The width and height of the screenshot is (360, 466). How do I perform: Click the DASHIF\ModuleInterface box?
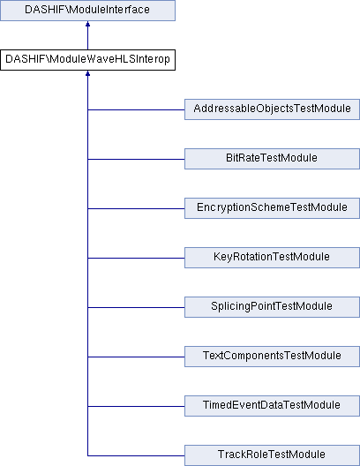(87, 11)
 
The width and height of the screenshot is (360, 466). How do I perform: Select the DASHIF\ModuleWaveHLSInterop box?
(87, 60)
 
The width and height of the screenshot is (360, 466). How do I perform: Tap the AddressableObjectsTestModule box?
(272, 109)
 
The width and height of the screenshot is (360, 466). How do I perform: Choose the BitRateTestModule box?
(272, 159)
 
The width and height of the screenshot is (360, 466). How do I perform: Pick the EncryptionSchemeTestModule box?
(272, 208)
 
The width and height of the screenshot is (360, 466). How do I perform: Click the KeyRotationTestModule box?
(272, 258)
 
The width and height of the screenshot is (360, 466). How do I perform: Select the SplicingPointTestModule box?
(272, 307)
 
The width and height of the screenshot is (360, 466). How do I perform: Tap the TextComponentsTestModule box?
(272, 357)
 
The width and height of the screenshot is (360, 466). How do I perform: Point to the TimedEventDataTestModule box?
(272, 406)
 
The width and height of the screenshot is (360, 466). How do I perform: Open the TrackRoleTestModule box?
(272, 455)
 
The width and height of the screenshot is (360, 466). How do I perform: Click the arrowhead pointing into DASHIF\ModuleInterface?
(87, 24)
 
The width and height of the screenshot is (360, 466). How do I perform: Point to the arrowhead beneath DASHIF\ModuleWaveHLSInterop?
(87, 73)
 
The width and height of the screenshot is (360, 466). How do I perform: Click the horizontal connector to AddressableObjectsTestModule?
(136, 109)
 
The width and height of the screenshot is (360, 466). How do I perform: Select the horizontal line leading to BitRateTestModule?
(136, 159)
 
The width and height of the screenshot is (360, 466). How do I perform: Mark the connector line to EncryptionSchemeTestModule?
(136, 208)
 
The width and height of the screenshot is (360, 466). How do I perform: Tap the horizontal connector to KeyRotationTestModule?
(136, 258)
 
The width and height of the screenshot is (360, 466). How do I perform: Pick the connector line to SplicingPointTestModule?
(136, 307)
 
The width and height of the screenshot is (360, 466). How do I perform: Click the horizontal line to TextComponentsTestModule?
(136, 357)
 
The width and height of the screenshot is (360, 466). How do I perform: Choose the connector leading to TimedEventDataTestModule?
(136, 406)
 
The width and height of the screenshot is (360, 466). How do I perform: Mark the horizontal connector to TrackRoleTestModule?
(136, 455)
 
